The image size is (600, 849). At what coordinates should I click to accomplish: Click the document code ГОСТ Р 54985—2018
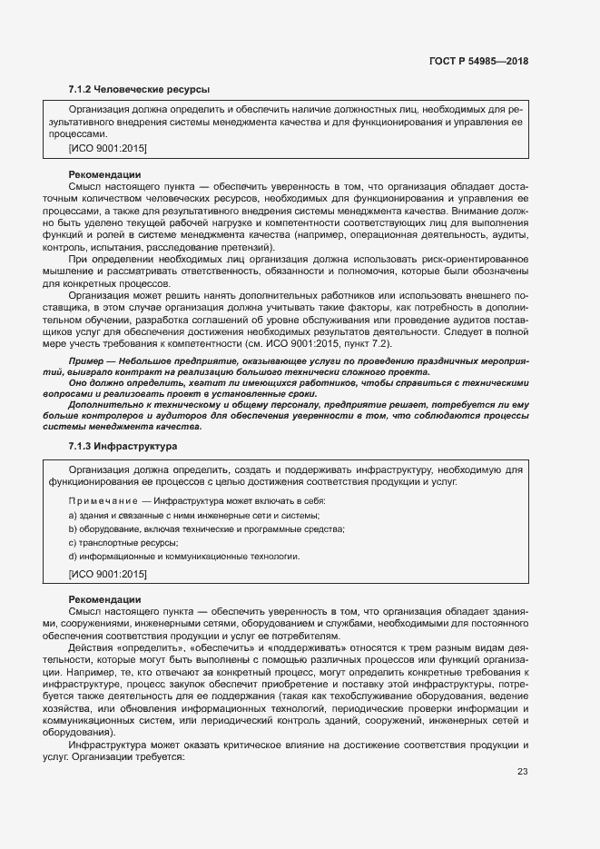pyautogui.click(x=477, y=61)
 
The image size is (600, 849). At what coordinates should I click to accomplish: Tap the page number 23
pyautogui.click(x=522, y=772)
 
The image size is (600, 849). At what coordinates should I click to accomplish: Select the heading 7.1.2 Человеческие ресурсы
pyautogui.click(x=139, y=90)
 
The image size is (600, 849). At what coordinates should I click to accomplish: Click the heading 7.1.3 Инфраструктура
pyautogui.click(x=123, y=447)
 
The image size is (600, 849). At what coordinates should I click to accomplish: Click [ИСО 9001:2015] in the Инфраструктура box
pyautogui.click(x=107, y=574)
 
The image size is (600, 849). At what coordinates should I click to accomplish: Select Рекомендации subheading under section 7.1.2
pyautogui.click(x=104, y=173)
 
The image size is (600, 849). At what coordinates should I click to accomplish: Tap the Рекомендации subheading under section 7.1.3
pyautogui.click(x=104, y=599)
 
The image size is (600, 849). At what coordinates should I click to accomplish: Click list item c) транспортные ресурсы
pyautogui.click(x=123, y=543)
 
